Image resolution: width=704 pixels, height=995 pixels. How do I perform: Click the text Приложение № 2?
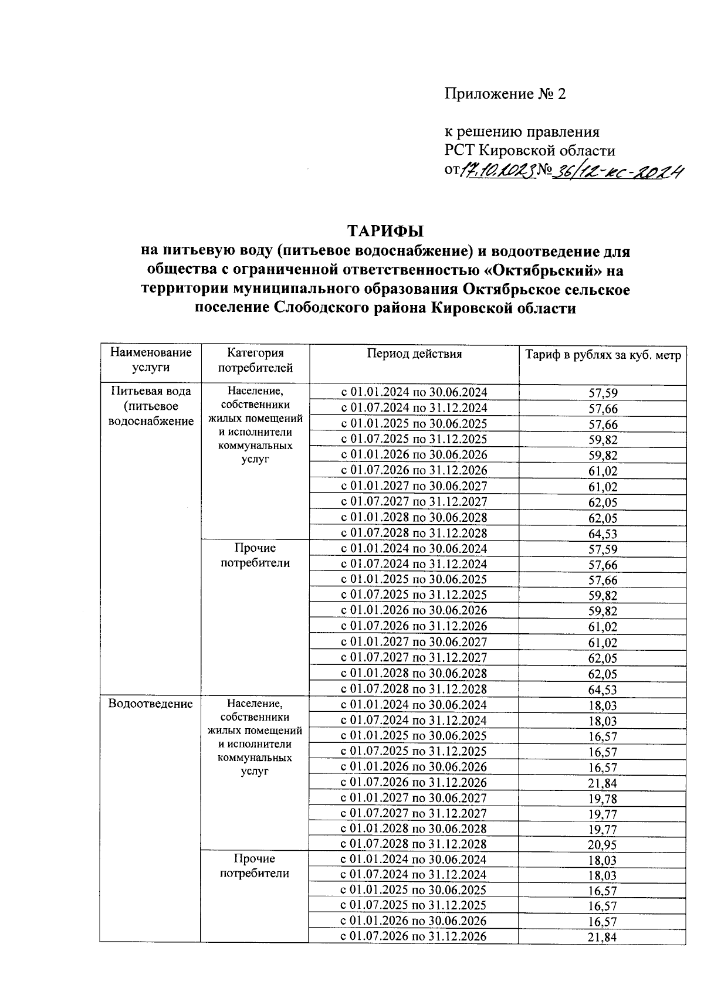pyautogui.click(x=505, y=94)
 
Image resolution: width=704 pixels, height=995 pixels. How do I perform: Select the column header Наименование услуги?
pyautogui.click(x=151, y=360)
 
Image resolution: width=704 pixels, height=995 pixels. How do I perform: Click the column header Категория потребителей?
pyautogui.click(x=255, y=360)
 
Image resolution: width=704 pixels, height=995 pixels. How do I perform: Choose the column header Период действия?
pyautogui.click(x=414, y=354)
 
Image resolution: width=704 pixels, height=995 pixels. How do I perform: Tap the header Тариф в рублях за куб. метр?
pyautogui.click(x=603, y=355)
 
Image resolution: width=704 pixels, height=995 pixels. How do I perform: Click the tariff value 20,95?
pyautogui.click(x=602, y=845)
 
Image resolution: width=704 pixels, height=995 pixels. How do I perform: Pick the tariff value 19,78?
pyautogui.click(x=602, y=799)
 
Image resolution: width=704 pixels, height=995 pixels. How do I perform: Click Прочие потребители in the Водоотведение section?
pyautogui.click(x=255, y=866)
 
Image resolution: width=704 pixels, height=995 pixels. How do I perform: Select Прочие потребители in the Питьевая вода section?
pyautogui.click(x=255, y=555)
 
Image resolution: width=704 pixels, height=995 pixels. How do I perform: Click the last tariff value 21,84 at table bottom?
pyautogui.click(x=602, y=937)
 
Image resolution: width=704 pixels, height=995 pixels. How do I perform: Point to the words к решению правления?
pyautogui.click(x=522, y=132)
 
